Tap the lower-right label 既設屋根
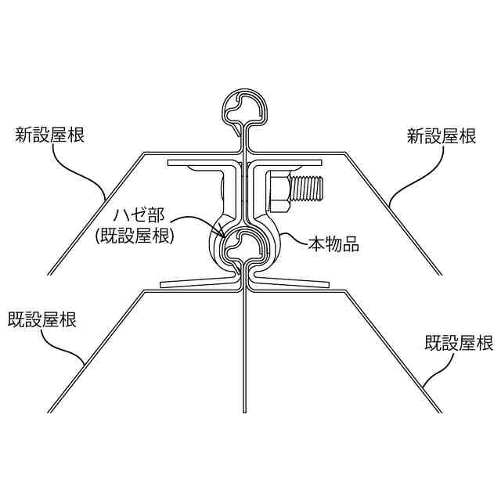click(x=459, y=342)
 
